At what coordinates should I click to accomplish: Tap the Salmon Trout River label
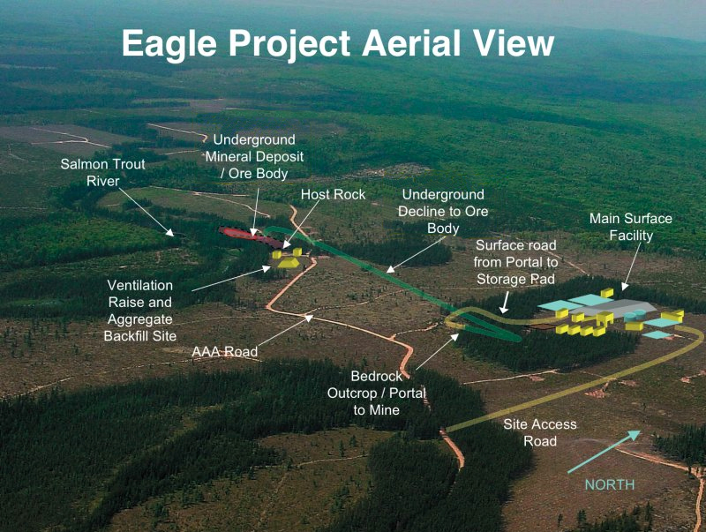[102, 172]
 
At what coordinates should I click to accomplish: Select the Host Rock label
[334, 194]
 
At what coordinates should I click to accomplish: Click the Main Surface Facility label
[631, 227]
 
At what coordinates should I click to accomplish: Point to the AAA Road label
[225, 351]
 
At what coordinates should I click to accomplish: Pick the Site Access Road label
[540, 432]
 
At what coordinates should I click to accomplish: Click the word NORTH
[610, 484]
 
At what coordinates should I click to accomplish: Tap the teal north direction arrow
[604, 452]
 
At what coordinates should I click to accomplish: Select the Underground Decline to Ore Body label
[443, 211]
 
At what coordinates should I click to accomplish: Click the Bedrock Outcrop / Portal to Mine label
[377, 393]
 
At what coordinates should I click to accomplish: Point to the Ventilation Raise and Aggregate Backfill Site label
[140, 311]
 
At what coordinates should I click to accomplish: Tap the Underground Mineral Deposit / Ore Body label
[254, 156]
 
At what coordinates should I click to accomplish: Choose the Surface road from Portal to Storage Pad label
[516, 262]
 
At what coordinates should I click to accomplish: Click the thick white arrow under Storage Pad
[505, 302]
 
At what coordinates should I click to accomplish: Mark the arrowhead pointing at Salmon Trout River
[169, 232]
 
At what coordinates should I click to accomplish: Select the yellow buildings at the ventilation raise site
[288, 259]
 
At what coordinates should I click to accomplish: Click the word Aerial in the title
[411, 43]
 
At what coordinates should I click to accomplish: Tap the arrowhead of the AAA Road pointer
[309, 318]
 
